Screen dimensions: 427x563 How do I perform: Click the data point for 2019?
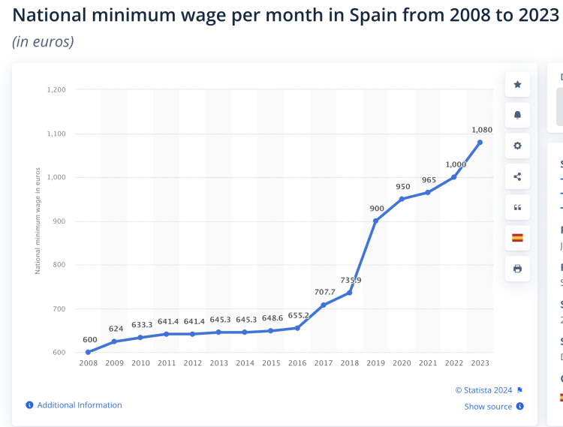tap(375, 221)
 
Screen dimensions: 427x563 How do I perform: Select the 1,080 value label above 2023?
tap(482, 130)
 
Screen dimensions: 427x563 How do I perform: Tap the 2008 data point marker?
tap(88, 352)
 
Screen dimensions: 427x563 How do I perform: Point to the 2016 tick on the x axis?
tap(297, 363)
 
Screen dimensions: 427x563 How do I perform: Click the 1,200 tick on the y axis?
tap(56, 89)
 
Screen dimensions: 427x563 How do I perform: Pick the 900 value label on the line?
tap(377, 208)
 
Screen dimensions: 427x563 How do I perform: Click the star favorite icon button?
tap(517, 85)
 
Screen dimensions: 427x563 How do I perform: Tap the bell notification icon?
tap(517, 116)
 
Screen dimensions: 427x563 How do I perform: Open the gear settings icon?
tap(517, 146)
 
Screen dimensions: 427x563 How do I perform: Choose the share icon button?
tap(517, 177)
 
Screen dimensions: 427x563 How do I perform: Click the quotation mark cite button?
tap(517, 207)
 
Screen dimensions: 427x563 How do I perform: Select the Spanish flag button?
tap(517, 238)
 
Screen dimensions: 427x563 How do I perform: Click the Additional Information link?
tap(79, 405)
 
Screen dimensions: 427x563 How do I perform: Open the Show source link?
tap(488, 407)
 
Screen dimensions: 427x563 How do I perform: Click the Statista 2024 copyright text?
tap(484, 390)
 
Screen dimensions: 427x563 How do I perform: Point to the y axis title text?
tap(38, 221)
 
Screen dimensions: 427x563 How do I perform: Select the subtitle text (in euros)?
tap(43, 41)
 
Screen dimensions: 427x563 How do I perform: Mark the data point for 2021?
tap(428, 192)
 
